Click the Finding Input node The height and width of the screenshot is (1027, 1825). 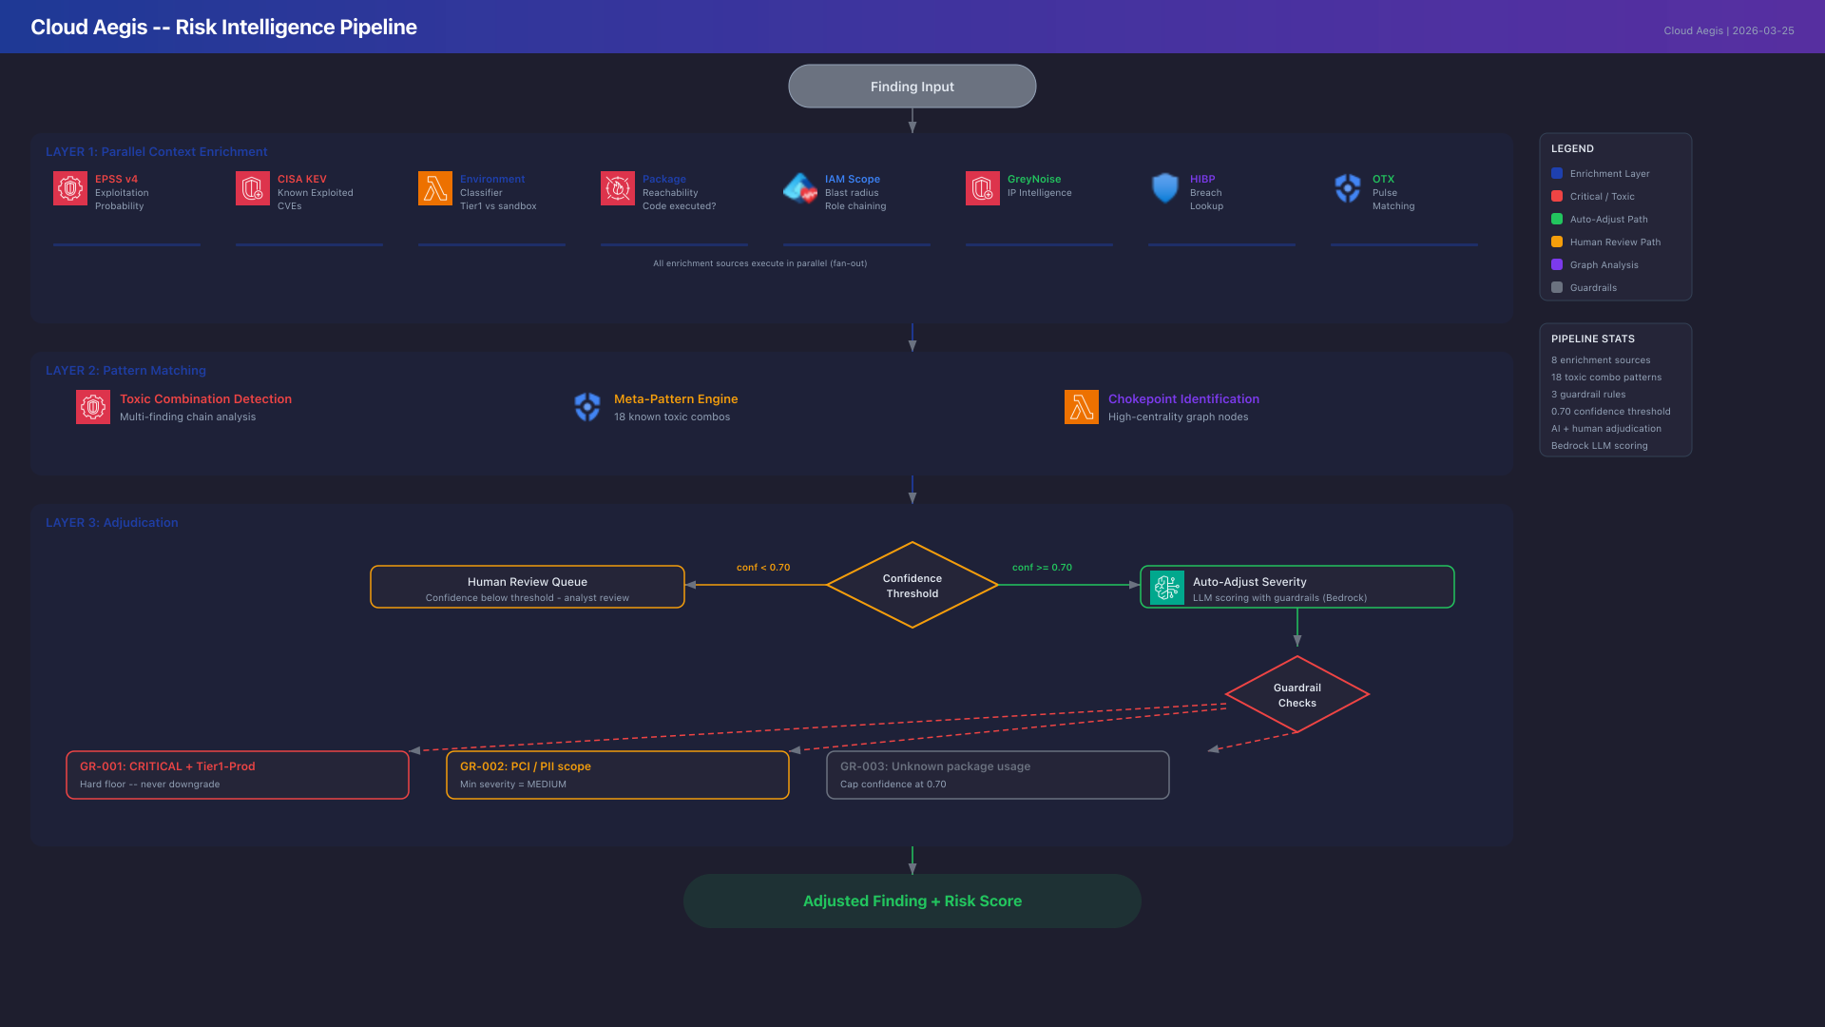tap(912, 87)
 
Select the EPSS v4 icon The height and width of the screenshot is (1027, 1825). tap(70, 188)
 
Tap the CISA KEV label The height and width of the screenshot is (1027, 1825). tap(301, 179)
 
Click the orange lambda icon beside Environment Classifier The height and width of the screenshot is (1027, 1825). tap(435, 188)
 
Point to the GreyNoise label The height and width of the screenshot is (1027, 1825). tap(1033, 179)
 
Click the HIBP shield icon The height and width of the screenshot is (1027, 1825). tap(1164, 188)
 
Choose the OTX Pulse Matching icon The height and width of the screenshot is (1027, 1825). tap(1347, 188)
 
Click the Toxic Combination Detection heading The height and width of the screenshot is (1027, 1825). tap(205, 399)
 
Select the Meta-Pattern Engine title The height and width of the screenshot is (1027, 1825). tap(675, 399)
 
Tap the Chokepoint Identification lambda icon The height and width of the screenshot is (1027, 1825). tap(1081, 407)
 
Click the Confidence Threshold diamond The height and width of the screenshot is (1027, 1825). tap(912, 586)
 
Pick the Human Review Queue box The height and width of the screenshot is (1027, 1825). tap(527, 588)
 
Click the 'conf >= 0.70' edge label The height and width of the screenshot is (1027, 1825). tap(1042, 568)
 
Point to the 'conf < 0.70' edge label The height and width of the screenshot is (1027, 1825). tap(762, 568)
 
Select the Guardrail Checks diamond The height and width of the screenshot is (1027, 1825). tap(1297, 695)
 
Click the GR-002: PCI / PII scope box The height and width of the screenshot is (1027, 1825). tap(617, 775)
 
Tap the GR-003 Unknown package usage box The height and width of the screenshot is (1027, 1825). tap(997, 775)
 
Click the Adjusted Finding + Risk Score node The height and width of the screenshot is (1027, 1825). tap(912, 901)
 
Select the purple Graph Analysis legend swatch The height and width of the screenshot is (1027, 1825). tap(1557, 265)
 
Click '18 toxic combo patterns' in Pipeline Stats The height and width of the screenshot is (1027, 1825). tap(1605, 378)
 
